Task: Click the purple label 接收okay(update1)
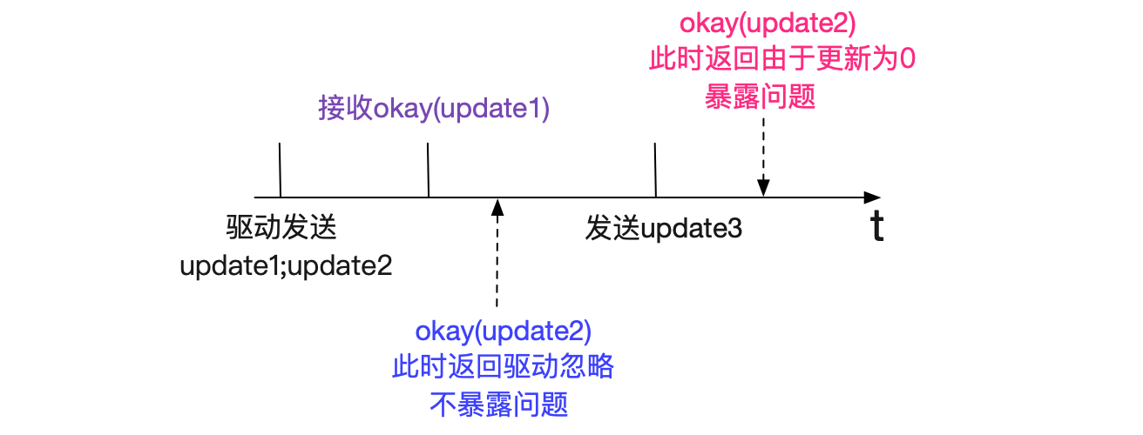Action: (x=434, y=109)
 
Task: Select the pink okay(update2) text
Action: (x=768, y=24)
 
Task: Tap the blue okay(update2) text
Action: (x=504, y=331)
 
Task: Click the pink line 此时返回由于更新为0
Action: (x=782, y=58)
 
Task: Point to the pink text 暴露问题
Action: (x=760, y=97)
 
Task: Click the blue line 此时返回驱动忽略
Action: (x=503, y=366)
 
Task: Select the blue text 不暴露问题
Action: (x=499, y=405)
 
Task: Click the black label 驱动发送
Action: (x=281, y=227)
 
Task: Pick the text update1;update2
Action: (x=286, y=266)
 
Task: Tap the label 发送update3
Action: (x=663, y=228)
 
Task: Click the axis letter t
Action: (x=876, y=225)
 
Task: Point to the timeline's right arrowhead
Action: (x=872, y=197)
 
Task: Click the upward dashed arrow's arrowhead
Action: (x=497, y=207)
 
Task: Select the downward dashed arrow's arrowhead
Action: (x=763, y=188)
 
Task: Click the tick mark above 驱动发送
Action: (x=281, y=170)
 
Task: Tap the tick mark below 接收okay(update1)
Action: (x=428, y=170)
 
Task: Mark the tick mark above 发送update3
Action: (x=655, y=170)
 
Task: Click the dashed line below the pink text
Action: (x=763, y=149)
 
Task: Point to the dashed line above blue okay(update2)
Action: (x=497, y=261)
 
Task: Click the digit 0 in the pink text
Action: (x=907, y=59)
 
